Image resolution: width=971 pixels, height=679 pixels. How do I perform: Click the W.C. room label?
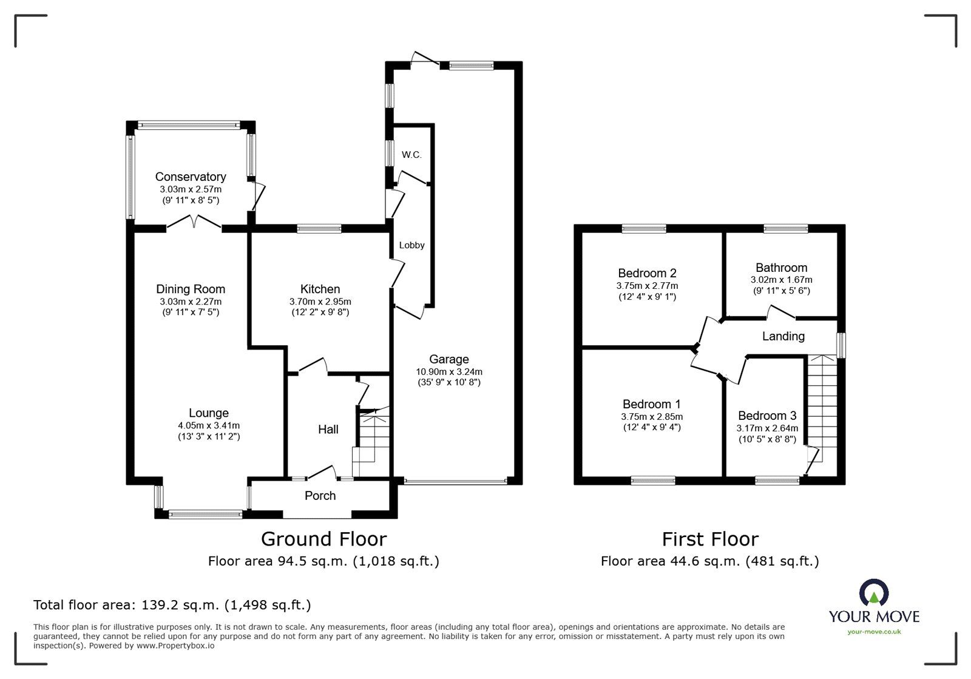(x=411, y=155)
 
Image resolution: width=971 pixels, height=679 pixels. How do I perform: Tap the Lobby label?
(x=411, y=245)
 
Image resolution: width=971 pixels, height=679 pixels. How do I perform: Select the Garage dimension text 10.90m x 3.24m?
(x=448, y=371)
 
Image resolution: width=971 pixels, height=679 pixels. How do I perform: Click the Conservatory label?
(x=191, y=177)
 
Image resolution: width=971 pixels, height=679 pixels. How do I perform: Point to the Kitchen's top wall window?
(x=319, y=229)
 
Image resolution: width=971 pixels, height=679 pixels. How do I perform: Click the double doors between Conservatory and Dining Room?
(x=194, y=223)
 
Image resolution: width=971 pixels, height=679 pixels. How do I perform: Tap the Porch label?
(x=320, y=496)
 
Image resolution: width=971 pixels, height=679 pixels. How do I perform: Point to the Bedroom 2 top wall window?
(x=644, y=229)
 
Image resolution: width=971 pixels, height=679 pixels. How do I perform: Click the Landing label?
(x=783, y=336)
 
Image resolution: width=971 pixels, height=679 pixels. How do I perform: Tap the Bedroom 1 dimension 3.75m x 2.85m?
(x=652, y=417)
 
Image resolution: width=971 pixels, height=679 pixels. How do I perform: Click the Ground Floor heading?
(x=323, y=539)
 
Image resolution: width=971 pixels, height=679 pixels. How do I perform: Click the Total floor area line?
(x=172, y=605)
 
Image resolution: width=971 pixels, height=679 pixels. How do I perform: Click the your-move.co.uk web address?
(x=874, y=632)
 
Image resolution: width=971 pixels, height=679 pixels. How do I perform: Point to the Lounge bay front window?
(x=205, y=515)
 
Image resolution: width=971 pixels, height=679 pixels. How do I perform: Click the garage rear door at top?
(x=425, y=59)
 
